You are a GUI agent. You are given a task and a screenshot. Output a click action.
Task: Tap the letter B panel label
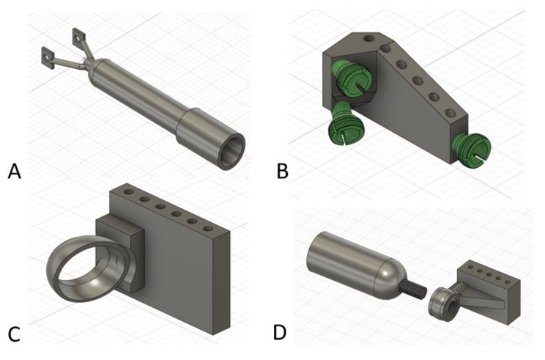pos(283,173)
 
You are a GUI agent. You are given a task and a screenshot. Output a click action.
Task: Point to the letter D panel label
pos(280,331)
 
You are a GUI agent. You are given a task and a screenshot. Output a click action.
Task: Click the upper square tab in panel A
pos(77,34)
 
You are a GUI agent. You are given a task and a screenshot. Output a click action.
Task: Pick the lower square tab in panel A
pos(48,55)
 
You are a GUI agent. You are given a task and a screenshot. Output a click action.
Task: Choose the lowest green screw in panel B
pos(341,128)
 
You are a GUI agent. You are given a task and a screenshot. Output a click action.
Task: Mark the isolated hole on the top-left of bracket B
pos(368,37)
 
